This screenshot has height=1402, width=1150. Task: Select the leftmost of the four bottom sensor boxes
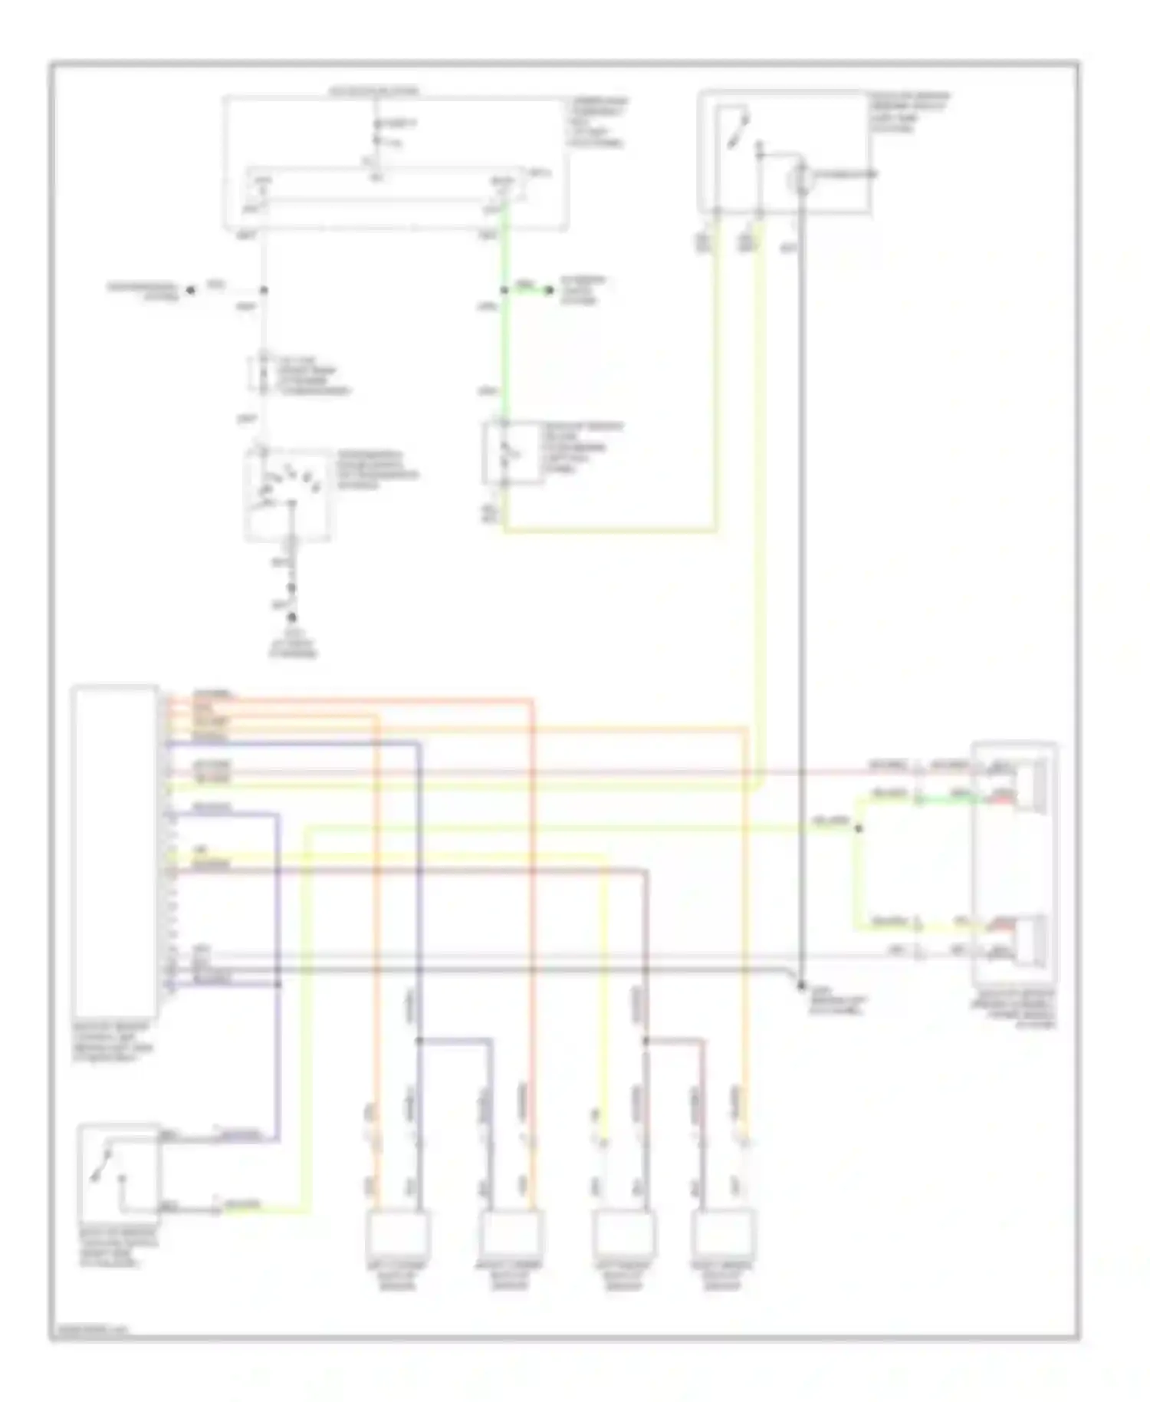[396, 1233]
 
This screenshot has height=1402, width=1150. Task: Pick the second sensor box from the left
[510, 1233]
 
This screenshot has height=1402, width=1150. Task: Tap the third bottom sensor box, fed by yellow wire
[623, 1233]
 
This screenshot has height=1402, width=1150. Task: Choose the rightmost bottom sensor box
[722, 1233]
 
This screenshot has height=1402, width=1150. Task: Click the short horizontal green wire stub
[527, 290]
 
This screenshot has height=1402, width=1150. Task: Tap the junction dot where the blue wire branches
[419, 1041]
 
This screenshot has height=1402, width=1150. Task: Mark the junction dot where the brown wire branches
[646, 1041]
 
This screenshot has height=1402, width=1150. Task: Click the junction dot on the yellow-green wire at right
[859, 828]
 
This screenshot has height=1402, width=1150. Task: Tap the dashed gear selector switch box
[287, 495]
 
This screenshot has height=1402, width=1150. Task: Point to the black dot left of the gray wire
[191, 290]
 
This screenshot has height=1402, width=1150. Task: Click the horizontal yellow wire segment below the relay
[609, 529]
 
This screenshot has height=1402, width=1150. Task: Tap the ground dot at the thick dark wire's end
[800, 986]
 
